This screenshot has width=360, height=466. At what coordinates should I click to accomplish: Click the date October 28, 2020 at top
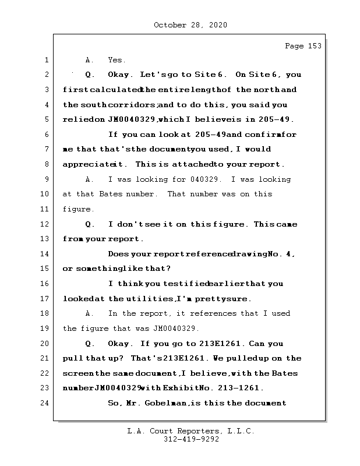[x=190, y=25]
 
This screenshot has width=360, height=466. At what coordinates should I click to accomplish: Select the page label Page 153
[x=303, y=46]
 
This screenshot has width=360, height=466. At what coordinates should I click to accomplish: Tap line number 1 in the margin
[x=46, y=60]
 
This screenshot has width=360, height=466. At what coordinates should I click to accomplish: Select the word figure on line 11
[x=77, y=209]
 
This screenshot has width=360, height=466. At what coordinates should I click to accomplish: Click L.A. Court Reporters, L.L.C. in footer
[x=190, y=431]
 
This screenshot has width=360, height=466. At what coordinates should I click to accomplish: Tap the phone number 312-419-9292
[x=190, y=440]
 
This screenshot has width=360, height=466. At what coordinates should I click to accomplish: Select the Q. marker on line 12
[x=90, y=224]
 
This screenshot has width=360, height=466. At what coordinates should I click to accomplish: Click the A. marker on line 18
[x=90, y=313]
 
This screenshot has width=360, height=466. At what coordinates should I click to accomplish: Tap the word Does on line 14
[x=119, y=254]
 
